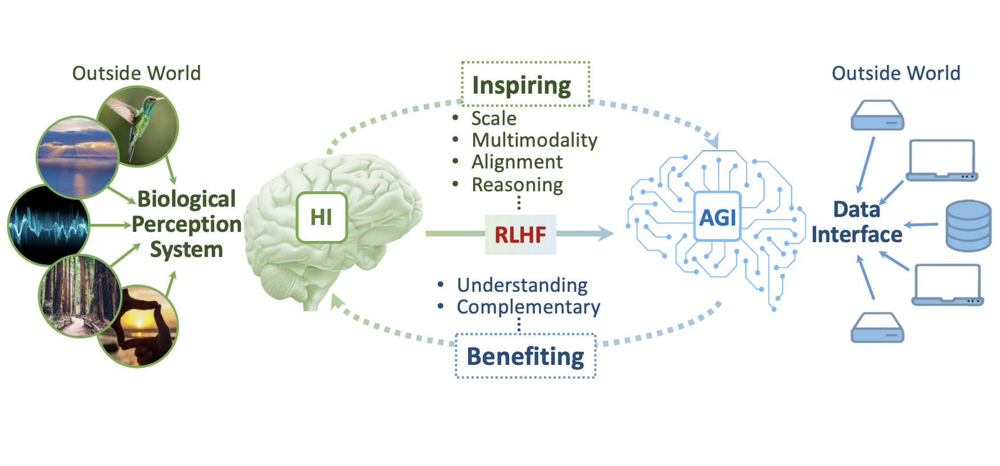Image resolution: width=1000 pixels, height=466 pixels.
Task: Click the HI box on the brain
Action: [x=321, y=218]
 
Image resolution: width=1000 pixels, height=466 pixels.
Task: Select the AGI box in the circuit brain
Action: [x=717, y=217]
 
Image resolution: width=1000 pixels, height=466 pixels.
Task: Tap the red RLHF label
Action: [x=520, y=235]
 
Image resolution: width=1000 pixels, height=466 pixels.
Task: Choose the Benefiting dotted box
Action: [x=525, y=356]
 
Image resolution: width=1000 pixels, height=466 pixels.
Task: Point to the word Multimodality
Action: [x=534, y=140]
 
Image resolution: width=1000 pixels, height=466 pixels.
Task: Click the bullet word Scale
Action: [x=494, y=118]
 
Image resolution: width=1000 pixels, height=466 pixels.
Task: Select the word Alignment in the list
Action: [x=517, y=162]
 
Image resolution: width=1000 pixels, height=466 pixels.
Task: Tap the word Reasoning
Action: [x=517, y=185]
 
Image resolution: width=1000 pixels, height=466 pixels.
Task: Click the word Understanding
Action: [x=522, y=285]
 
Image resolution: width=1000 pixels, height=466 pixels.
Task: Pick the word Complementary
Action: [x=528, y=307]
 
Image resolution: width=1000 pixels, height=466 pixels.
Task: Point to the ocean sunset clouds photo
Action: [x=77, y=157]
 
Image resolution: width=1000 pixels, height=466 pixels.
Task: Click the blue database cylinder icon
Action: [x=968, y=226]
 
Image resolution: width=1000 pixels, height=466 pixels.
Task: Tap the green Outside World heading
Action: [x=136, y=73]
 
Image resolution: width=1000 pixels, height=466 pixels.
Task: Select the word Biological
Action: [x=187, y=199]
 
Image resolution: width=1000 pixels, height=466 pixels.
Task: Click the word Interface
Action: [x=857, y=235]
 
